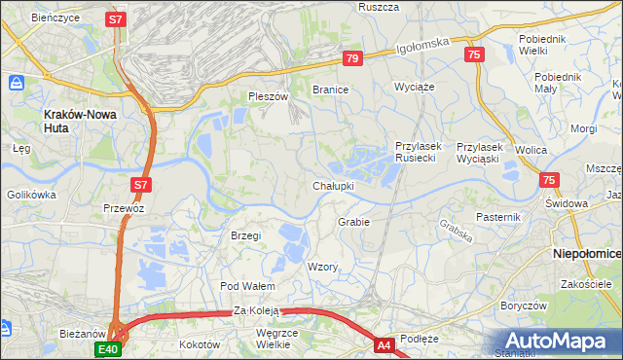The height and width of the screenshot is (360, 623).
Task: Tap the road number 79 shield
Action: [x=353, y=59]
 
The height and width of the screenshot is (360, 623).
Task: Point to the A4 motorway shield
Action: [x=385, y=343]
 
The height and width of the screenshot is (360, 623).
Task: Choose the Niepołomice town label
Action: [x=587, y=252]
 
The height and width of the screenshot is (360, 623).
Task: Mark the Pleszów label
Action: [x=269, y=96]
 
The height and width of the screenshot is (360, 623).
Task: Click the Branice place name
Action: [x=330, y=89]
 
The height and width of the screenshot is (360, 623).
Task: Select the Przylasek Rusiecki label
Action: [x=419, y=152]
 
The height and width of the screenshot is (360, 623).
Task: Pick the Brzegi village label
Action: [x=246, y=235]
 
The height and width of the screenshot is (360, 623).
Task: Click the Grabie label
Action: [x=354, y=222]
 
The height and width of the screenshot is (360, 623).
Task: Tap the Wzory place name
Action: [x=322, y=267]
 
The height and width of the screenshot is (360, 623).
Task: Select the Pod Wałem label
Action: [x=247, y=286]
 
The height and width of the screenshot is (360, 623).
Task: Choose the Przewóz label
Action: [x=124, y=207]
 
